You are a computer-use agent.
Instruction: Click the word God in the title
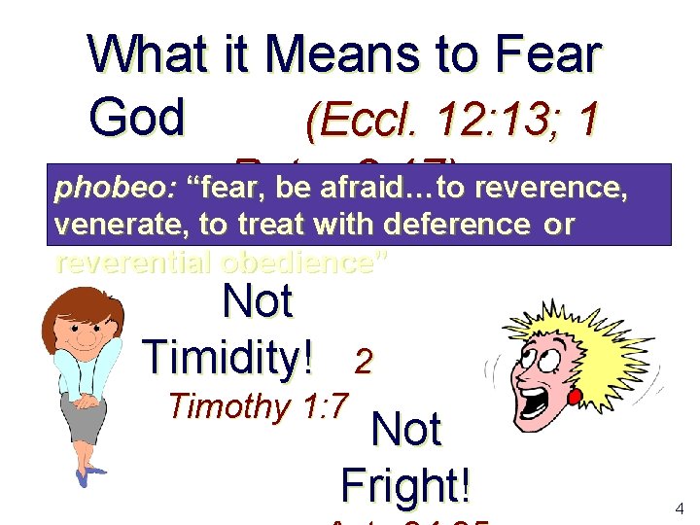pyautogui.click(x=136, y=118)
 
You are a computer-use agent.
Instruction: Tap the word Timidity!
pyautogui.click(x=228, y=358)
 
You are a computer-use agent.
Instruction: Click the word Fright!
pyautogui.click(x=406, y=482)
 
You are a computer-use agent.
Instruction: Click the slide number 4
pyautogui.click(x=679, y=507)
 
